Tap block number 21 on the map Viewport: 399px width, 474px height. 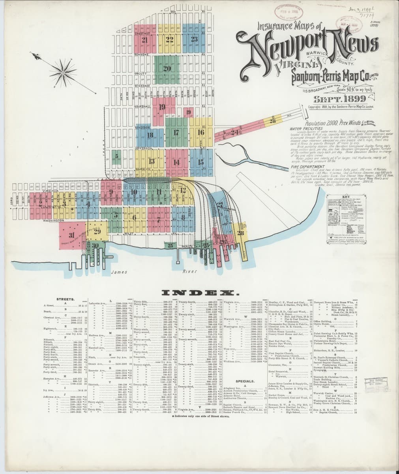(x=144, y=39)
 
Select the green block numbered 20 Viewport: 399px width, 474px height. (x=166, y=68)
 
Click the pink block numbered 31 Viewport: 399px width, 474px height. (x=71, y=235)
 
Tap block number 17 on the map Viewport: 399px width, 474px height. (x=176, y=133)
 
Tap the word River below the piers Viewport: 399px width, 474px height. (x=190, y=272)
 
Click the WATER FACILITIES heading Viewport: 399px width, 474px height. (x=306, y=128)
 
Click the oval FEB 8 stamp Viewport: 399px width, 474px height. (x=290, y=12)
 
